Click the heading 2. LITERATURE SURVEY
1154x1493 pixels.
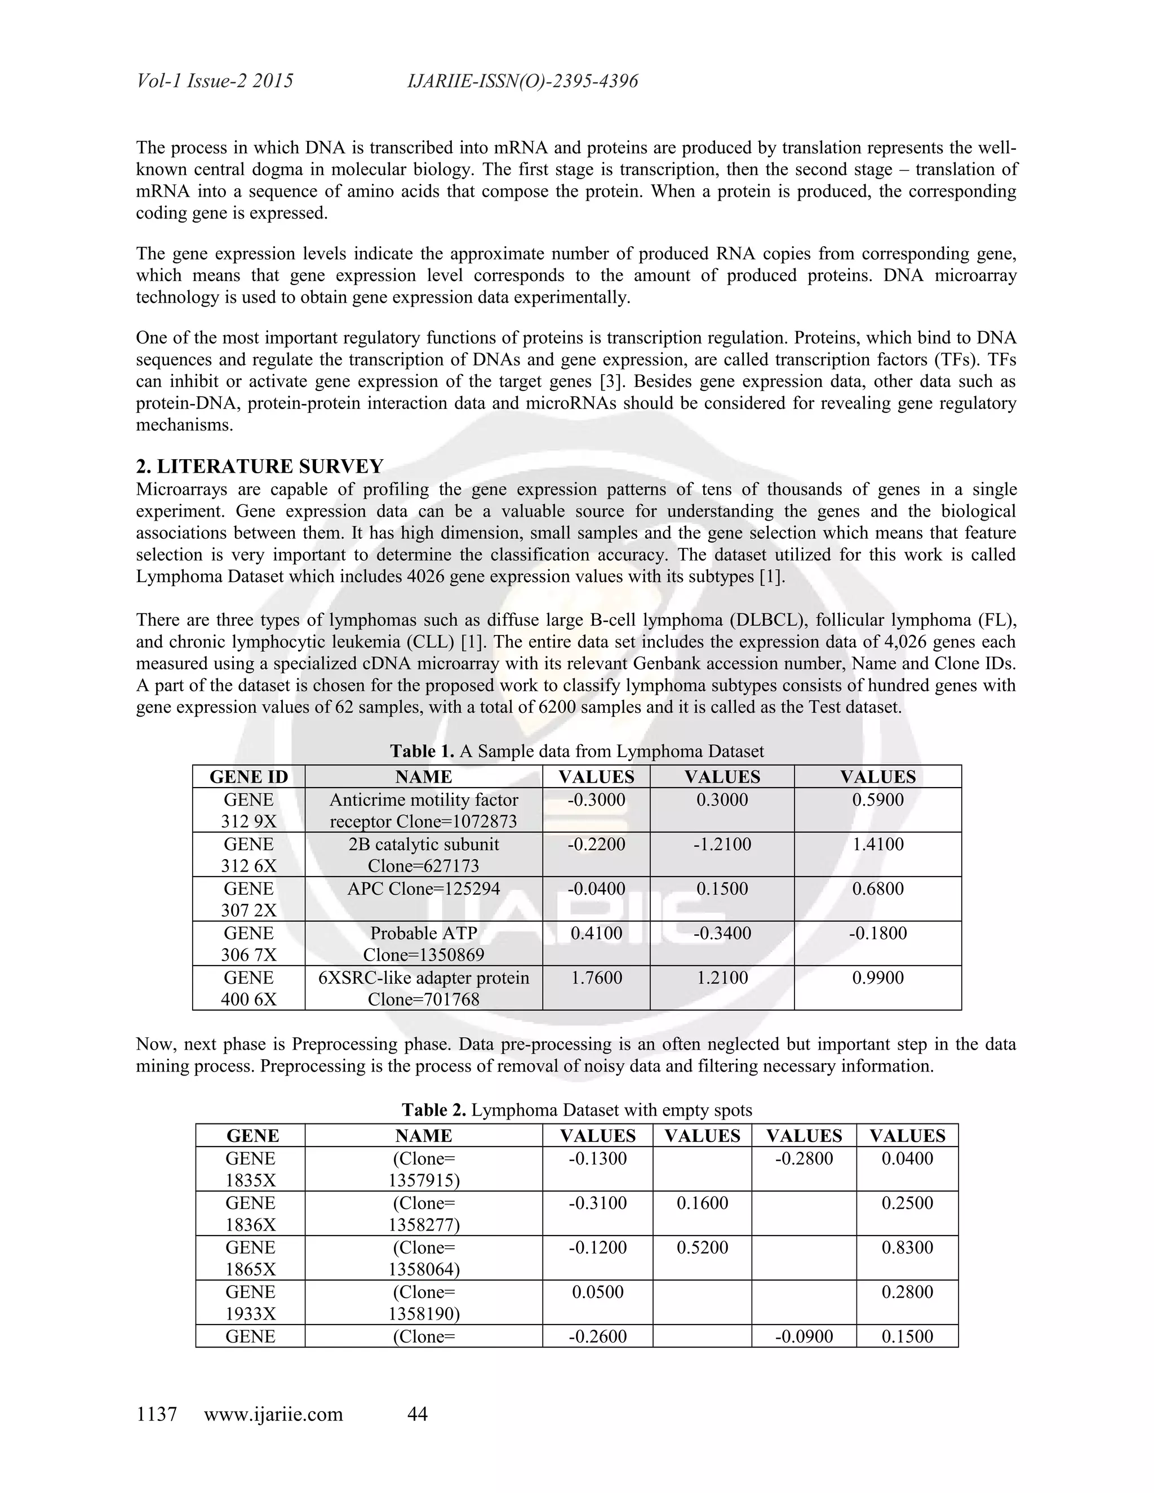point(260,466)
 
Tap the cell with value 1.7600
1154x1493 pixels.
point(596,977)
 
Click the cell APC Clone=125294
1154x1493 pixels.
point(423,888)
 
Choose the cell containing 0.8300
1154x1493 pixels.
point(907,1247)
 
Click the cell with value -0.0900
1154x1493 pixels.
point(804,1336)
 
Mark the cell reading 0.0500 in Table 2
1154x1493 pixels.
point(597,1292)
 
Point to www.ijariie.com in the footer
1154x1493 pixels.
point(273,1414)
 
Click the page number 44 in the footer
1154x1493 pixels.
point(417,1414)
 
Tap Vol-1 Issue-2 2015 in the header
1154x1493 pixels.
point(215,81)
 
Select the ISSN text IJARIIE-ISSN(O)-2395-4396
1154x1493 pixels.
point(522,81)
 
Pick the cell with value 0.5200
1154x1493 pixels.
point(702,1247)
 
